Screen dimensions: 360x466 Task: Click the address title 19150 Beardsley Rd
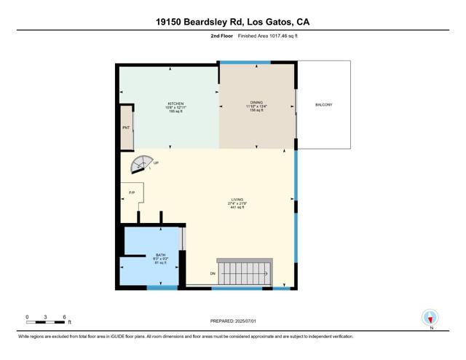(233, 22)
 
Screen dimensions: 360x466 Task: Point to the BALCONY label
(323, 105)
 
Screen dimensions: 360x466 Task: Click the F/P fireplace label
(132, 192)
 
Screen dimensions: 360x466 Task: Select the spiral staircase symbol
(141, 165)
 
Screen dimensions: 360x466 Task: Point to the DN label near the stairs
(213, 273)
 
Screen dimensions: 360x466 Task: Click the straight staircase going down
(246, 273)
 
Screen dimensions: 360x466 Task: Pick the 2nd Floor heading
(221, 35)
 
